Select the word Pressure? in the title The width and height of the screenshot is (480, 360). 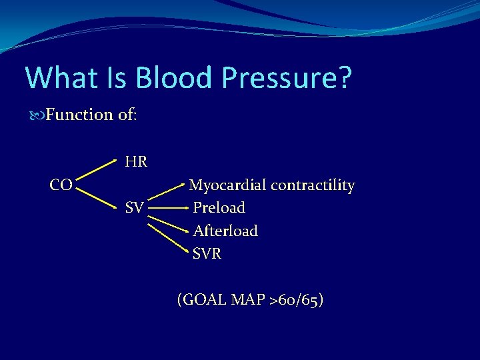(x=287, y=79)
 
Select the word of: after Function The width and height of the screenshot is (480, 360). (x=127, y=115)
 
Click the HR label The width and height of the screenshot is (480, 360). (x=136, y=161)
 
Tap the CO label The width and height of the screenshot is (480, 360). (x=61, y=185)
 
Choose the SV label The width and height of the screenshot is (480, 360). (x=134, y=208)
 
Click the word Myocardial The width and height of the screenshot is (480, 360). (x=227, y=185)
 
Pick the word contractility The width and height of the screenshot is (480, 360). (x=311, y=185)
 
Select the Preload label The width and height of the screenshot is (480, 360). (x=219, y=208)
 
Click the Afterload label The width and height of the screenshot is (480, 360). (x=225, y=231)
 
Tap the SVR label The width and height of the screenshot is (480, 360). (x=207, y=253)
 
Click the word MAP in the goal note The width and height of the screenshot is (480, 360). (x=249, y=300)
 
